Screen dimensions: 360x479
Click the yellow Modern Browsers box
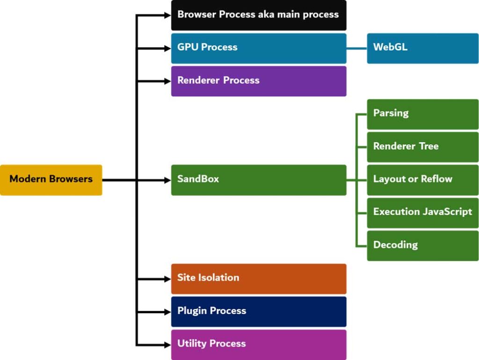tap(51, 180)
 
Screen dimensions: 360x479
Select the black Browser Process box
tap(259, 15)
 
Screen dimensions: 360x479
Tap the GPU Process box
tap(259, 48)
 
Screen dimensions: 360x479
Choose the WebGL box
tap(422, 48)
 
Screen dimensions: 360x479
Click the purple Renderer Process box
tap(259, 81)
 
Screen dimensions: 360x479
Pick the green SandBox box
tap(259, 180)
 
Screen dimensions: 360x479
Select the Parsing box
tap(422, 114)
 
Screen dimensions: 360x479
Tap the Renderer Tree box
tap(422, 146)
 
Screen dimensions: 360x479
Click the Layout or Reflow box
tap(422, 180)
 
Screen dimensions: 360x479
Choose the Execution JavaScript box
tap(422, 212)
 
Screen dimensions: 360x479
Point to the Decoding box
tap(422, 245)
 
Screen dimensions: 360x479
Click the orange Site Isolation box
tap(259, 278)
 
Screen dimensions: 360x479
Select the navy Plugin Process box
tap(259, 311)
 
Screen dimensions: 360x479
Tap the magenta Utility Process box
tap(259, 344)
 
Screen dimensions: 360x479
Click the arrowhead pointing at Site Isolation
tap(168, 279)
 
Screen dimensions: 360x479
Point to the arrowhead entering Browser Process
tap(168, 15)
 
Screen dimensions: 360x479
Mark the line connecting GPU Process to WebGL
tap(356, 48)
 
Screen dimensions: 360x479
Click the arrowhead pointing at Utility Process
tap(168, 345)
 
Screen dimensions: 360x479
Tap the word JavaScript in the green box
tap(447, 212)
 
